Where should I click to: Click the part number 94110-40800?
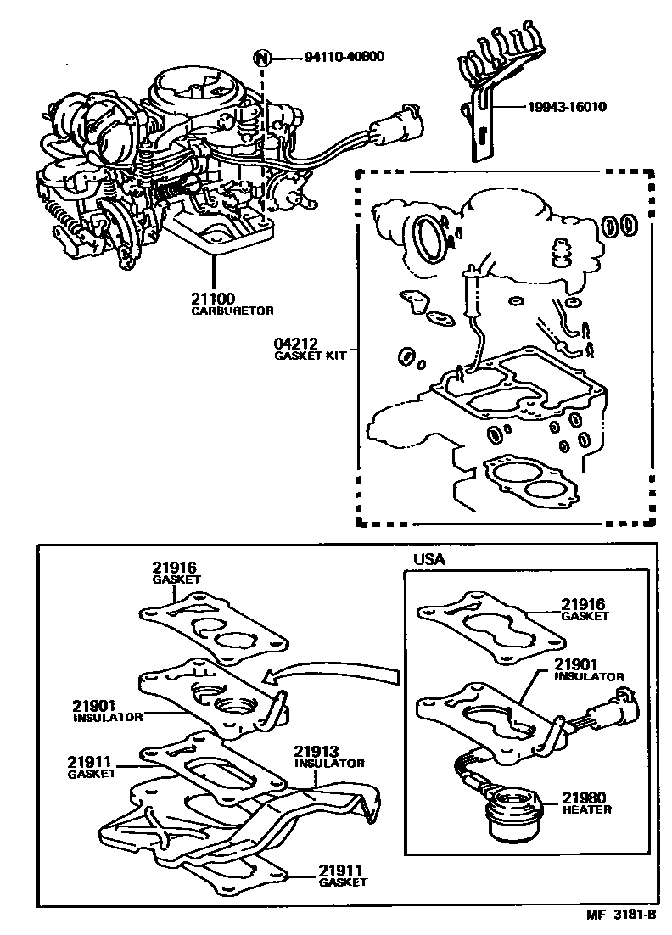344,58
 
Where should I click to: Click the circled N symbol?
264,58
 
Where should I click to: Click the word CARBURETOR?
223,311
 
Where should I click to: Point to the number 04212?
294,344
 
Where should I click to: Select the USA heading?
428,560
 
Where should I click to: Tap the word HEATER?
585,809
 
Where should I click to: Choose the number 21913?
316,752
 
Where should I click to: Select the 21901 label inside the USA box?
579,664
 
